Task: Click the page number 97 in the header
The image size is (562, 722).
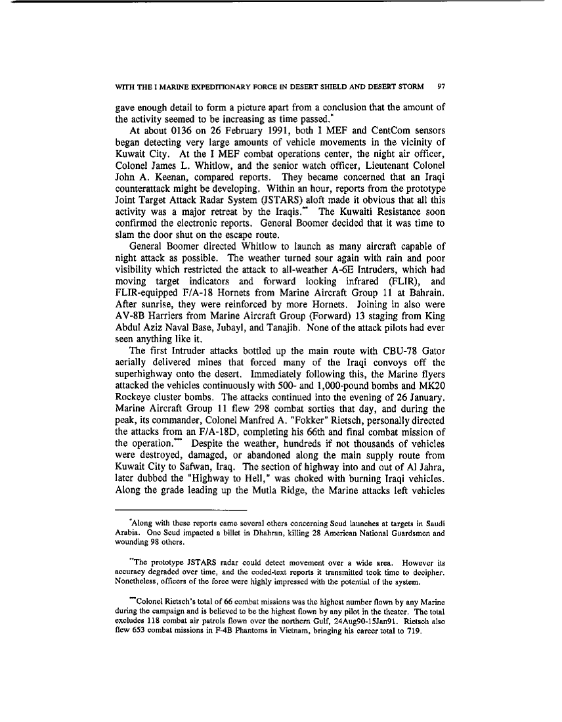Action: click(x=441, y=85)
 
